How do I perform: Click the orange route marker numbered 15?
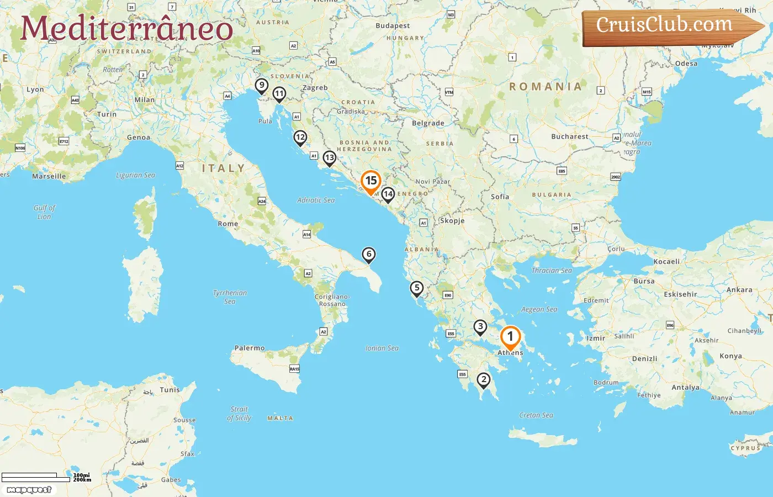coord(371,181)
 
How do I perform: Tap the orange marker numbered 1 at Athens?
coord(510,337)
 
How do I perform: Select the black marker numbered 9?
coord(262,86)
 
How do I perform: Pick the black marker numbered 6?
coord(368,255)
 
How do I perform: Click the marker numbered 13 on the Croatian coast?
coord(329,158)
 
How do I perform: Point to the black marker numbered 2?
coord(484,379)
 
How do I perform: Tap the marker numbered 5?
coord(417,288)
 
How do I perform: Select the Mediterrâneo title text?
coord(126,29)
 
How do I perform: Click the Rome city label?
coord(228,224)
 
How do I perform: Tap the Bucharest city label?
coord(570,136)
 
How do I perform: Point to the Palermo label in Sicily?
coord(250,348)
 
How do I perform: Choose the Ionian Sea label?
coord(382,348)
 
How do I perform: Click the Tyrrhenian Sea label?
coord(230,297)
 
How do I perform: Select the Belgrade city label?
coord(428,123)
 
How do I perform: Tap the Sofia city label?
coord(500,197)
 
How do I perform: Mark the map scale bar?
coord(36,477)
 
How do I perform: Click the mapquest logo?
coord(29,490)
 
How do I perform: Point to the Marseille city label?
coord(49,176)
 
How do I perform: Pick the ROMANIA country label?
coord(546,87)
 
